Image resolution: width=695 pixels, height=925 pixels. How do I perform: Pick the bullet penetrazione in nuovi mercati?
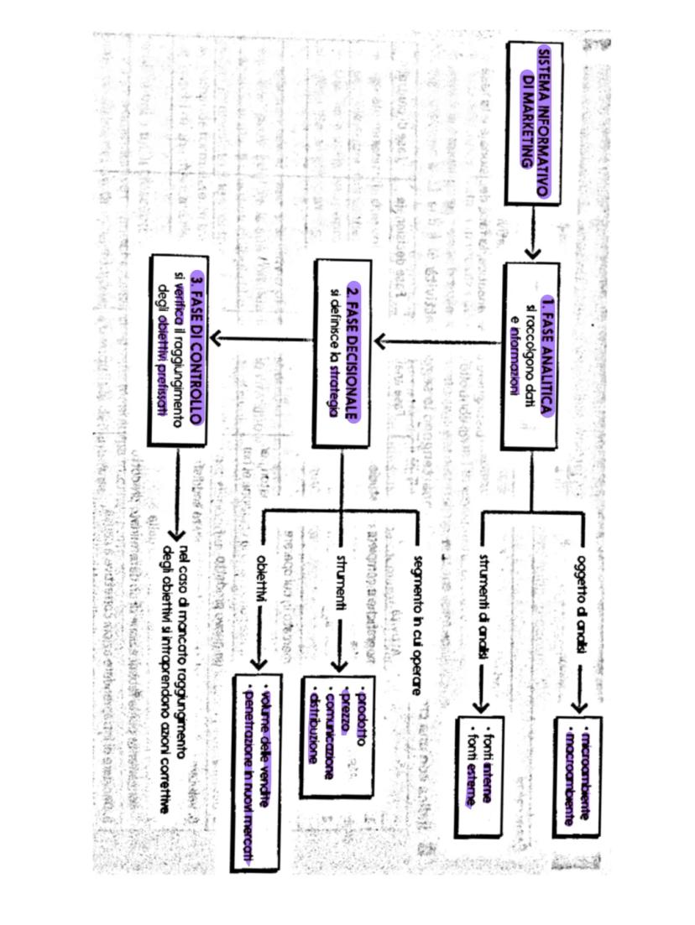pyautogui.click(x=248, y=772)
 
